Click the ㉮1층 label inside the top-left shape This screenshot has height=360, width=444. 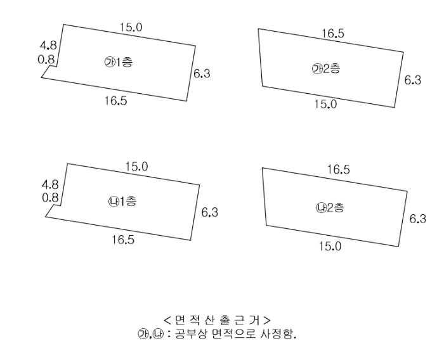(x=118, y=62)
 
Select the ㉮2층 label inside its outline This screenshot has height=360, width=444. (x=326, y=69)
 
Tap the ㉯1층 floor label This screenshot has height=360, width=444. (x=122, y=202)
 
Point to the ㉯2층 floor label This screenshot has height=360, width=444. (x=330, y=207)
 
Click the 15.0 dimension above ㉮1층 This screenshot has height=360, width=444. (x=131, y=27)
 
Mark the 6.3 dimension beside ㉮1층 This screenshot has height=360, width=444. (x=202, y=74)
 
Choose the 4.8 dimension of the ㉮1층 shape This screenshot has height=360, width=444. (x=48, y=46)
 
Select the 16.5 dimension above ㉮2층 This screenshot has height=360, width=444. (x=333, y=34)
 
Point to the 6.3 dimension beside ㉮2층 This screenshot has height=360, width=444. (x=412, y=80)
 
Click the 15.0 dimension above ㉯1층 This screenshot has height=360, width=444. (x=136, y=167)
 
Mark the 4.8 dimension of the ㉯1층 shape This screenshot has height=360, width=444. (x=49, y=184)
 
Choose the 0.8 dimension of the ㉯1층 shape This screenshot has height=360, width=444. (x=49, y=197)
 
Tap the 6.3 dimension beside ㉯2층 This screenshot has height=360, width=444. (x=417, y=219)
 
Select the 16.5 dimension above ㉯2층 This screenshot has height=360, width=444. (x=338, y=170)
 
